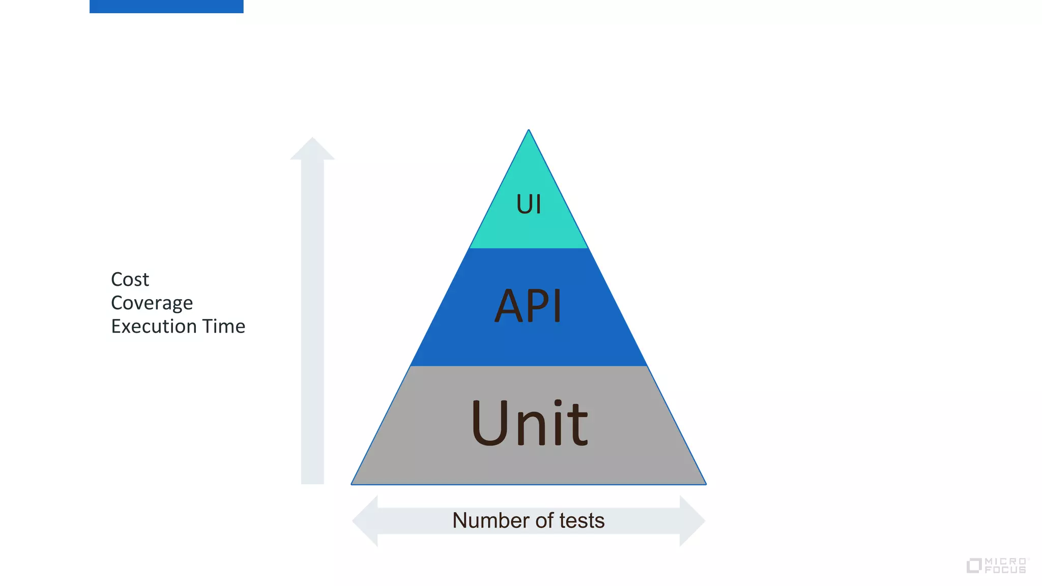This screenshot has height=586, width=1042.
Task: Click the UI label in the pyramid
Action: tap(529, 204)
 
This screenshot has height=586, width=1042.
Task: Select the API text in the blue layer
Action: tap(528, 306)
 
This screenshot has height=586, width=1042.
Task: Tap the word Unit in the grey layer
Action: tap(529, 423)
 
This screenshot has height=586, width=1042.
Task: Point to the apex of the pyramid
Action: tap(529, 131)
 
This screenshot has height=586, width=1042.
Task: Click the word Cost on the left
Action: tap(130, 279)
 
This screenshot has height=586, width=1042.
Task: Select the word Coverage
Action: tap(152, 303)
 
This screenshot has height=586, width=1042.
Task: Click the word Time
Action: tap(224, 326)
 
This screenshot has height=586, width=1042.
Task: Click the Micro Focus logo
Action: tap(997, 565)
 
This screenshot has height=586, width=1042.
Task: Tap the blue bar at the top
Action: tap(166, 6)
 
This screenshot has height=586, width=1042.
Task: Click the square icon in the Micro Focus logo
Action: tap(974, 566)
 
